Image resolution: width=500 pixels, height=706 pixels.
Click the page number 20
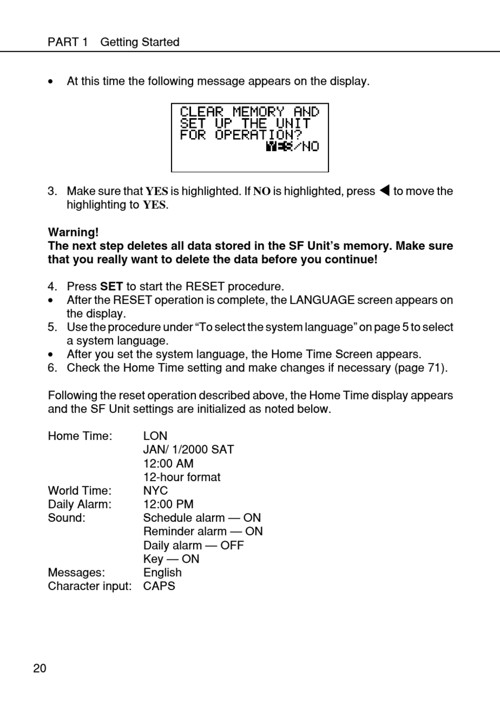point(39,669)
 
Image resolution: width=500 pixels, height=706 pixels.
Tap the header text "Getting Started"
point(139,42)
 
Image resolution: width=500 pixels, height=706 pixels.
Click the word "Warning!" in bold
point(73,232)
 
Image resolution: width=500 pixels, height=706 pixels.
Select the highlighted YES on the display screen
point(278,146)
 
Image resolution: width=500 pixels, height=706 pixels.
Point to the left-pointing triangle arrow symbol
point(384,191)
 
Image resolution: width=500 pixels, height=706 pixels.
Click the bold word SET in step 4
point(111,287)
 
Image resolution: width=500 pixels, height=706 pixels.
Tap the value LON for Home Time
point(155,436)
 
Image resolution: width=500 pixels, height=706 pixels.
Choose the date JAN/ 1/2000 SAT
point(188,449)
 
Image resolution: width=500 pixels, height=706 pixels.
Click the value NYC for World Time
point(155,491)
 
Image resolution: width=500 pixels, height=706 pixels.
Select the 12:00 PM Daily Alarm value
point(168,504)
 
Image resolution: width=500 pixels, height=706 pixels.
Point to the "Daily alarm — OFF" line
point(193,545)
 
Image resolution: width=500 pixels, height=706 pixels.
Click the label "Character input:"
point(89,586)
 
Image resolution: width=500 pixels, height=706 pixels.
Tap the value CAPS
point(159,586)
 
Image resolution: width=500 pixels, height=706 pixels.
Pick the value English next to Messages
point(162,573)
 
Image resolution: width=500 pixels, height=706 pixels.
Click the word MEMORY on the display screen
point(258,112)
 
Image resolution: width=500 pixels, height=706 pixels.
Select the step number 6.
point(52,368)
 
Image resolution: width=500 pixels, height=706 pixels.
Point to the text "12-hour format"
point(182,477)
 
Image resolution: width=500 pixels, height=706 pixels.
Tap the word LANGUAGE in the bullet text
point(322,300)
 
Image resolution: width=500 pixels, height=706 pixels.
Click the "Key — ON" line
point(171,559)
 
